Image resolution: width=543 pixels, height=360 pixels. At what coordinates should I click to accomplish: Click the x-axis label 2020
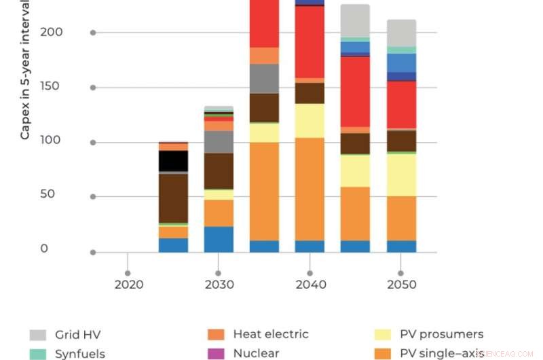tap(128, 284)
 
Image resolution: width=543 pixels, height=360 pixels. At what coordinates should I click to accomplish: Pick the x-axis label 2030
tap(219, 284)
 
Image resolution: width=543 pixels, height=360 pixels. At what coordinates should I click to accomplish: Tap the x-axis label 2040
tap(310, 284)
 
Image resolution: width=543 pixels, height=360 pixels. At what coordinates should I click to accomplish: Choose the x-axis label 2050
tap(400, 284)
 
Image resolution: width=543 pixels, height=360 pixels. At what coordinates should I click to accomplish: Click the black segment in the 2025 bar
tap(173, 161)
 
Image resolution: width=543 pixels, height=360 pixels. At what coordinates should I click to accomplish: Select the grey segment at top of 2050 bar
tap(401, 33)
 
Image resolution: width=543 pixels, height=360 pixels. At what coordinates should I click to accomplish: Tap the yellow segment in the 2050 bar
tap(401, 175)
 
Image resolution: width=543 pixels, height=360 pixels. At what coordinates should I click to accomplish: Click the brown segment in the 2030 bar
tap(219, 170)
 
